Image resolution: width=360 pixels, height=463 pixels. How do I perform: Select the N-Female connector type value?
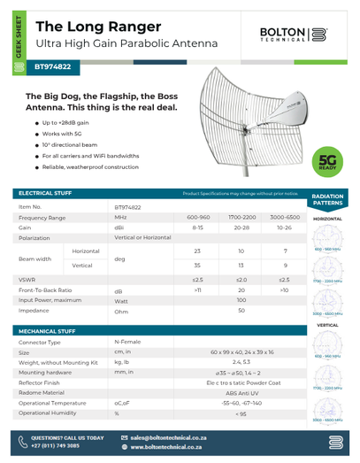(128, 341)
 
